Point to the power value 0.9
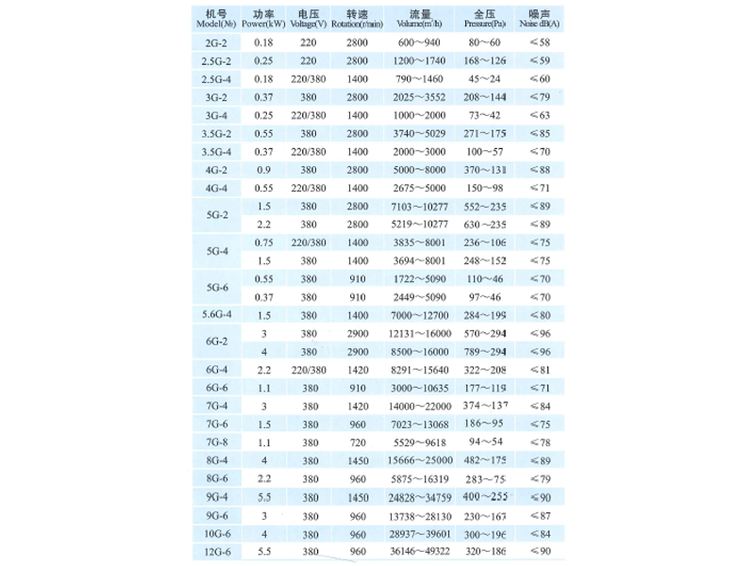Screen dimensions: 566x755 [x=263, y=170]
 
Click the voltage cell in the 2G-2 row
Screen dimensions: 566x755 [x=309, y=43]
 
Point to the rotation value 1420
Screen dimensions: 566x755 [x=357, y=369]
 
